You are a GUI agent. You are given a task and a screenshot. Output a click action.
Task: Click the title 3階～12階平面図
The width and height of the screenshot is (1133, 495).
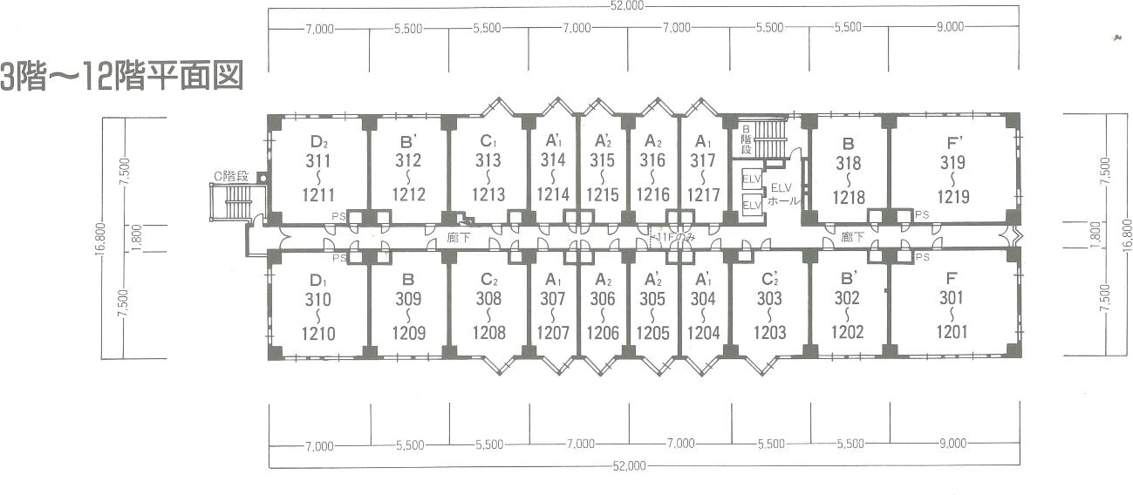[x=122, y=76]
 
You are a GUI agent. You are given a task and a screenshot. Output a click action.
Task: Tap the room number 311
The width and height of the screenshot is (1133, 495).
[x=318, y=160]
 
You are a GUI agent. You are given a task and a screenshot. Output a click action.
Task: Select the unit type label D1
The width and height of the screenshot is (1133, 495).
[x=318, y=280]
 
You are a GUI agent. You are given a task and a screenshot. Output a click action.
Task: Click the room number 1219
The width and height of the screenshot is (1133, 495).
[x=953, y=197]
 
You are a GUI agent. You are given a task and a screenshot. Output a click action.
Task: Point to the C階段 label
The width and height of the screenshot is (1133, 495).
[x=231, y=176]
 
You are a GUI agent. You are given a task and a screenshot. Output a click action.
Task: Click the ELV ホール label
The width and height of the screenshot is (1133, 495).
[x=782, y=194]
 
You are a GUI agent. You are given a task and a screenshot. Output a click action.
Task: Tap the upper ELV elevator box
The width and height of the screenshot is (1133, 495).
[x=751, y=179]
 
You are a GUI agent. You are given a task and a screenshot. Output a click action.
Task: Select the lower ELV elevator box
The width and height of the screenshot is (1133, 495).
[x=751, y=205]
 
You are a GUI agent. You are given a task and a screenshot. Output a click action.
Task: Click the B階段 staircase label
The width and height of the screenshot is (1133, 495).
[x=746, y=140]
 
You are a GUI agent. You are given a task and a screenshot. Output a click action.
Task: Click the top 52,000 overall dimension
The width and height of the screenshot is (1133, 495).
[x=627, y=5]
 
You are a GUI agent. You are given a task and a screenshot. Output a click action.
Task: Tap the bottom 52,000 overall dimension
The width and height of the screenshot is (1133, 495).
[x=629, y=465]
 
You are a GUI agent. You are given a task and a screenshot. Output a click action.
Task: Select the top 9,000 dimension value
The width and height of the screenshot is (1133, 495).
[x=951, y=27]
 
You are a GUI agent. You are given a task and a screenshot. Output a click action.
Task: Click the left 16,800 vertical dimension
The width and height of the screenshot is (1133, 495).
[x=100, y=239]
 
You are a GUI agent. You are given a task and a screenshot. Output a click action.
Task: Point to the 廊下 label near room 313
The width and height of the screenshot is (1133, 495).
[x=459, y=237]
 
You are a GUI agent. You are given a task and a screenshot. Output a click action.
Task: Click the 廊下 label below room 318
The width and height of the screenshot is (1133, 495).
[x=853, y=236]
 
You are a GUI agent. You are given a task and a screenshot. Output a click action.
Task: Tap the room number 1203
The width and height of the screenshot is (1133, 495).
[x=770, y=333]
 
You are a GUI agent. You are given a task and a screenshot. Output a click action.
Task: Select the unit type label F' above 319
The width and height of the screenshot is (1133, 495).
[x=954, y=143]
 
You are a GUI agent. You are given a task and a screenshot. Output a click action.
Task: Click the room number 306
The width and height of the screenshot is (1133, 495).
[x=603, y=298]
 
